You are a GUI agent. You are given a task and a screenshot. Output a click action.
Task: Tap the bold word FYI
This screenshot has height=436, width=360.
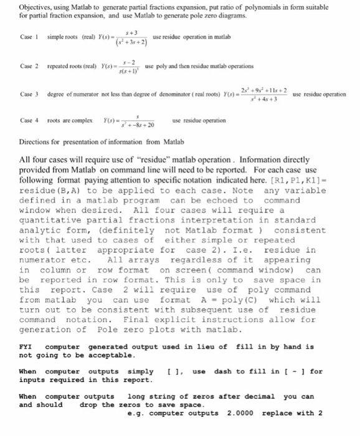click(x=26, y=347)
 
